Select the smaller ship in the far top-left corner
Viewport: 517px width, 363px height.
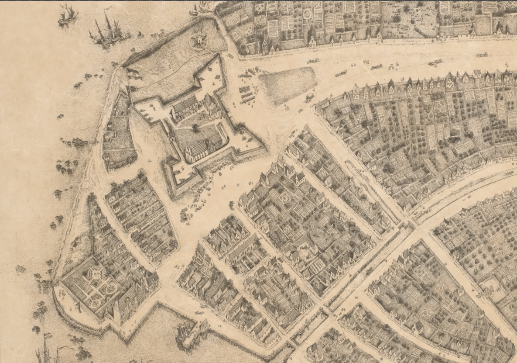tap(67, 15)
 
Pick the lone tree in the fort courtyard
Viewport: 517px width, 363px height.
tap(195, 127)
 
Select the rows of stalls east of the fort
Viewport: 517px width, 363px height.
tap(247, 93)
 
